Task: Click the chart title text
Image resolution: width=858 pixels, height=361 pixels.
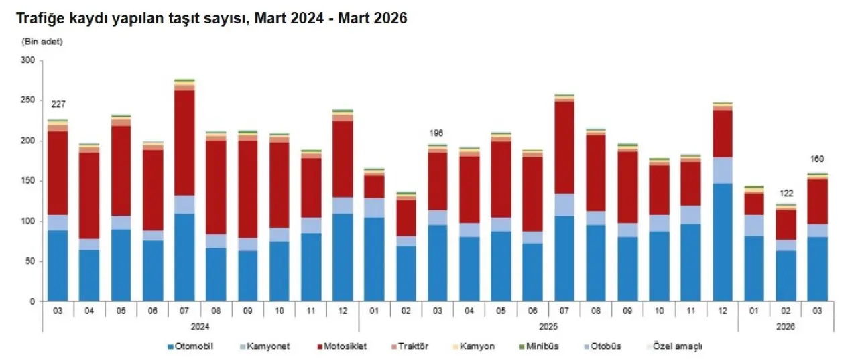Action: coord(212,19)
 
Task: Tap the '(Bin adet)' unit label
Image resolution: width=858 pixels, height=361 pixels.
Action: coord(42,42)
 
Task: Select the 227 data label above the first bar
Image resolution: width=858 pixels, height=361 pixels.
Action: coord(58,104)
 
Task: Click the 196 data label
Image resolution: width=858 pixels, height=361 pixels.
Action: coord(437,133)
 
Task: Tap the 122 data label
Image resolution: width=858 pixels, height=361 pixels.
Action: coord(785,193)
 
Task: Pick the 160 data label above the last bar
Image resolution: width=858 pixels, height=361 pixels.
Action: coord(816,159)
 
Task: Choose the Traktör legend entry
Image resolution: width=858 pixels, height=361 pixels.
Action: coord(412,346)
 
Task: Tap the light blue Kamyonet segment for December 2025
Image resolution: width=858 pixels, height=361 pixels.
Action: coord(721,170)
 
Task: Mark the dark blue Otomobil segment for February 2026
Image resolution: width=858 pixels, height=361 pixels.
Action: coord(785,276)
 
